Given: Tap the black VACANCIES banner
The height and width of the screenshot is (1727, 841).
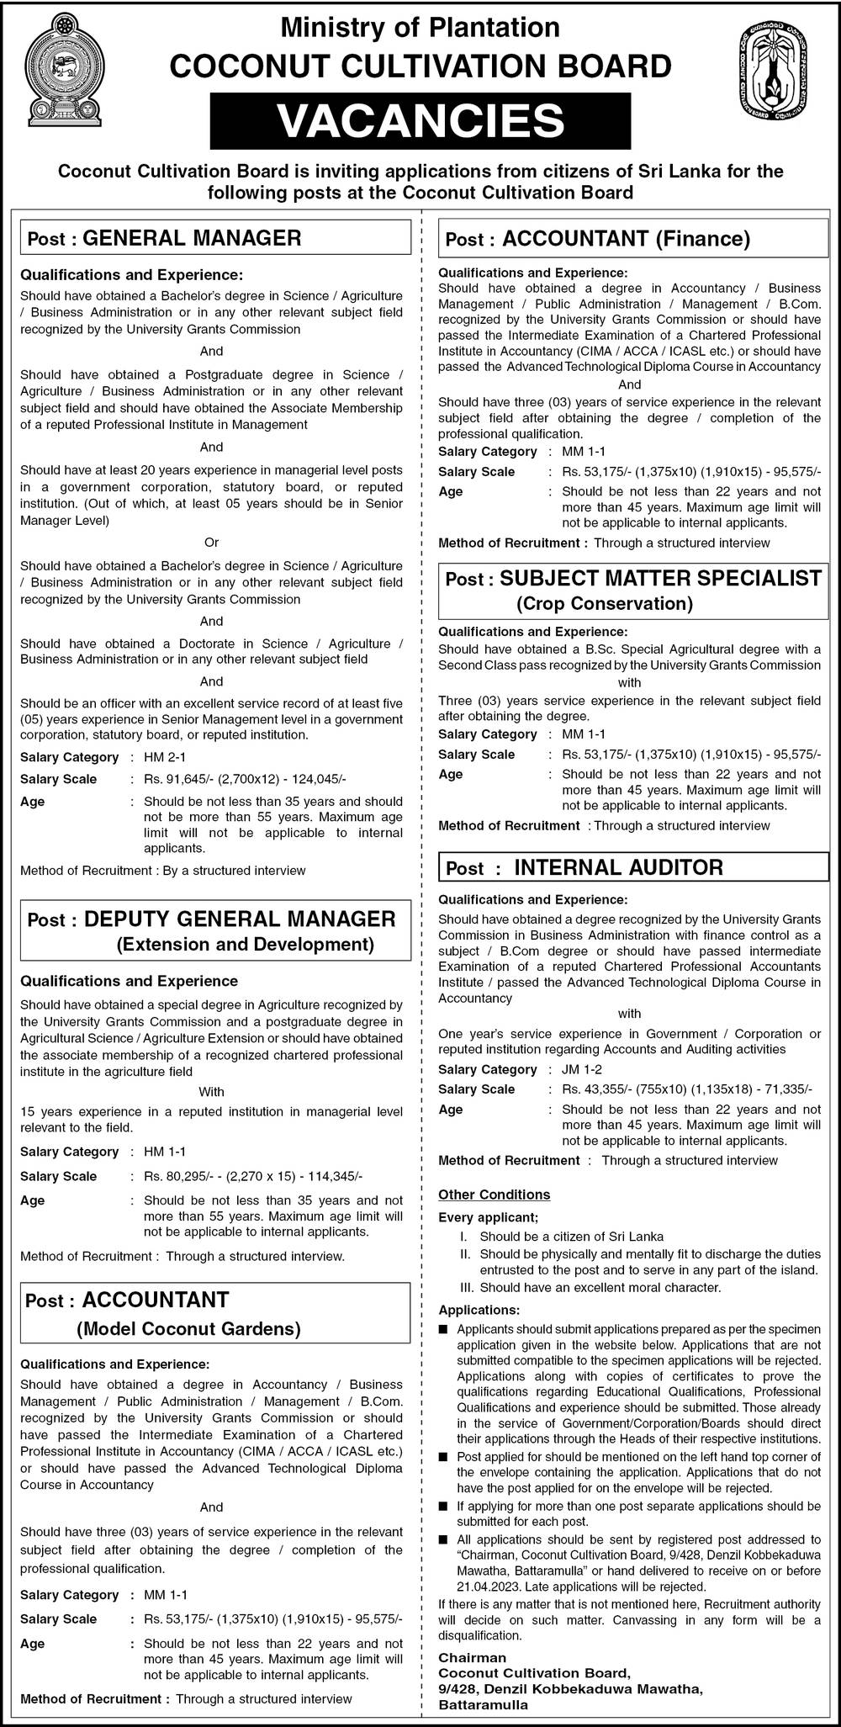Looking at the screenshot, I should coord(420,120).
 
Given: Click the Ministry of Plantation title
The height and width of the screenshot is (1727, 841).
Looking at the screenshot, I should coord(420,28).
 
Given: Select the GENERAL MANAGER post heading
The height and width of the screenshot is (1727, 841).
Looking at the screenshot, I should coord(192,238).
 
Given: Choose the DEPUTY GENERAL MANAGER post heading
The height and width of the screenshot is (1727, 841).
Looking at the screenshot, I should coord(239,919).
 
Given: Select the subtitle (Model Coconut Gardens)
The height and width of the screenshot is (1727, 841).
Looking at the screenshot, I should coord(188,1330).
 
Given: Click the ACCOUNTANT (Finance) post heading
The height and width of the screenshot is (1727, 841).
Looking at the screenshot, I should coord(626,239).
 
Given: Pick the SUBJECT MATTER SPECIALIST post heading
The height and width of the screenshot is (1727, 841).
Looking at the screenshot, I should coord(660,578).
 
